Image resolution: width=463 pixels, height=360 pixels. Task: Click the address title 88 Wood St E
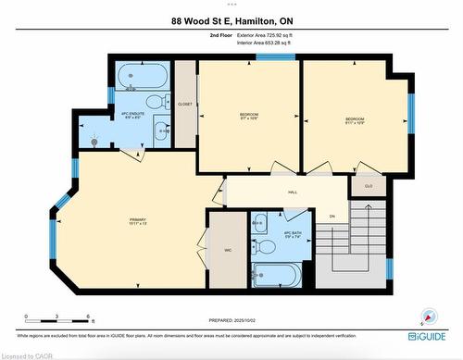pyautogui.click(x=231, y=21)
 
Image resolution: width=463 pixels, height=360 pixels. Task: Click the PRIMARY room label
pyautogui.click(x=137, y=219)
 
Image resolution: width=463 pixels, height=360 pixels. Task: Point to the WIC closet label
pyautogui.click(x=227, y=249)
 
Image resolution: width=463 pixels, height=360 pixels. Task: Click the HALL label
pyautogui.click(x=292, y=192)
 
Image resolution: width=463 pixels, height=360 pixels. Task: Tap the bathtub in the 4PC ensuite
pyautogui.click(x=143, y=75)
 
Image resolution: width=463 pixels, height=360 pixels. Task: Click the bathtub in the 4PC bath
pyautogui.click(x=277, y=275)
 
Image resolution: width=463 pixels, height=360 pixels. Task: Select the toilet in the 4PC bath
pyautogui.click(x=265, y=247)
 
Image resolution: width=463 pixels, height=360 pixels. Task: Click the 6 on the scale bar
pyautogui.click(x=87, y=316)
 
